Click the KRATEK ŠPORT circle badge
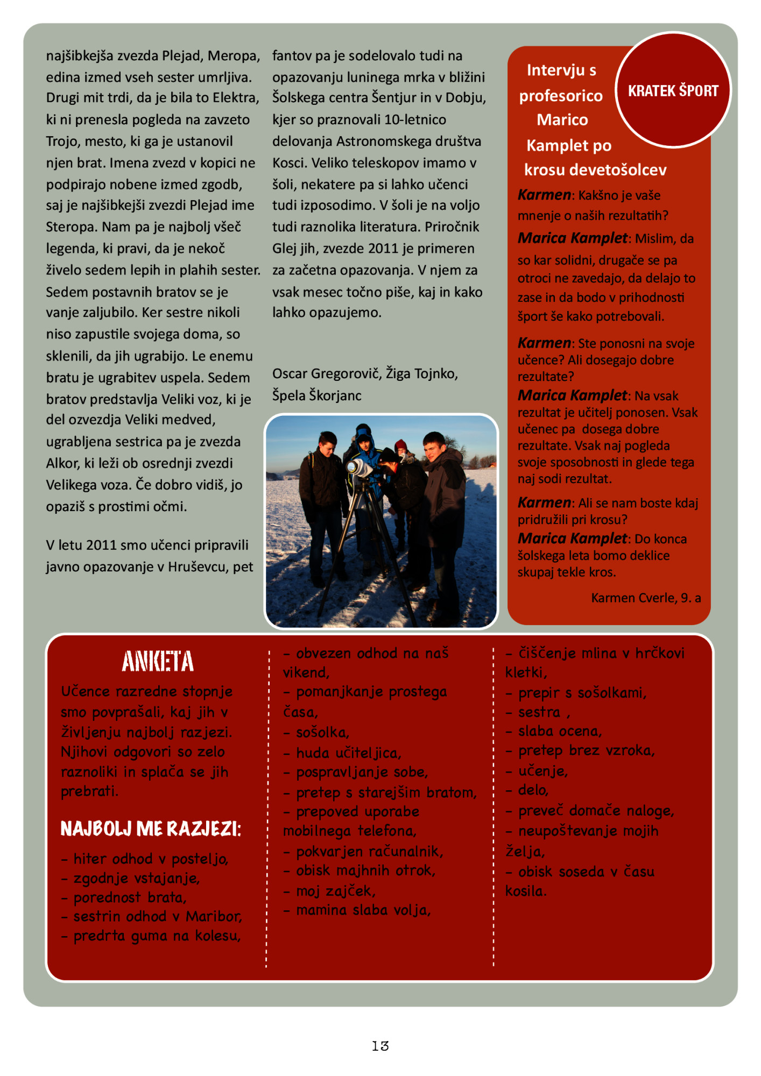[x=673, y=90]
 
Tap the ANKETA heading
[x=158, y=662]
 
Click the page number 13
[x=380, y=1046]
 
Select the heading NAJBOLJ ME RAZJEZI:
[x=151, y=829]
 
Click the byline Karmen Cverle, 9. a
[x=645, y=598]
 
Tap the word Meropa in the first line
[x=233, y=56]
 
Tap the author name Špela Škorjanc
[x=316, y=395]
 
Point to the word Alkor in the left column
[x=62, y=463]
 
